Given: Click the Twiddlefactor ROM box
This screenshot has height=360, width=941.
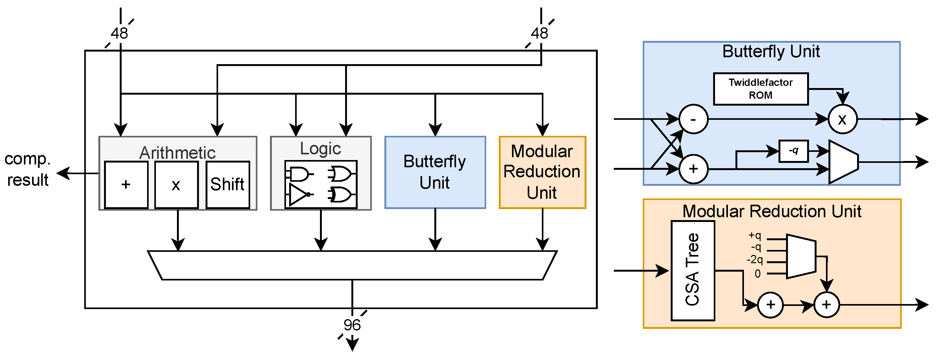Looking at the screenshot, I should (761, 89).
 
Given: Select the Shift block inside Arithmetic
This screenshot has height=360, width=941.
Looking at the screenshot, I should (228, 185).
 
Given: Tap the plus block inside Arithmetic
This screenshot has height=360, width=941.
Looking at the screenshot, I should (126, 185).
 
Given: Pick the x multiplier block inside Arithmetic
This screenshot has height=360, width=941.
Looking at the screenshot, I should (176, 185).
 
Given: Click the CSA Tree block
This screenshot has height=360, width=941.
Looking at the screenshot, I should (693, 270).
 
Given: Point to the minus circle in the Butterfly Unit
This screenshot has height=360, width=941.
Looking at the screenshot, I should (693, 119).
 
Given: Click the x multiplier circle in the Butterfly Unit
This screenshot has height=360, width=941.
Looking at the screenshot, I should (842, 119).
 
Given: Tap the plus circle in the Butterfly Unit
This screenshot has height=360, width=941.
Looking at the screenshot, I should (693, 169).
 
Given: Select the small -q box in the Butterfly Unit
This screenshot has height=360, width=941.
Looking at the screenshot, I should (793, 151).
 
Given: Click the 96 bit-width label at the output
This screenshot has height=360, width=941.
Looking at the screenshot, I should (352, 325).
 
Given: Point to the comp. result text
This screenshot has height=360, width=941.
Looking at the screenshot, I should (27, 169).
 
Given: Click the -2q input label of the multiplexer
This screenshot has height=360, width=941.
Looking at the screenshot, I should (755, 260).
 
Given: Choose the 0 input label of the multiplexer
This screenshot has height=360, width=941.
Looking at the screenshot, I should (758, 274).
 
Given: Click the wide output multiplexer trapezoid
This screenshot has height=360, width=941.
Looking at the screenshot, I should (352, 265).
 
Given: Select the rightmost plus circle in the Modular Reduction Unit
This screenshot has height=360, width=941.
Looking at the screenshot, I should (826, 304).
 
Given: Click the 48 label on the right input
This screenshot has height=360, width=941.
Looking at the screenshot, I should (540, 34).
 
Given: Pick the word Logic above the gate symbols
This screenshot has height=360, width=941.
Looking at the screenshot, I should (320, 148).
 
